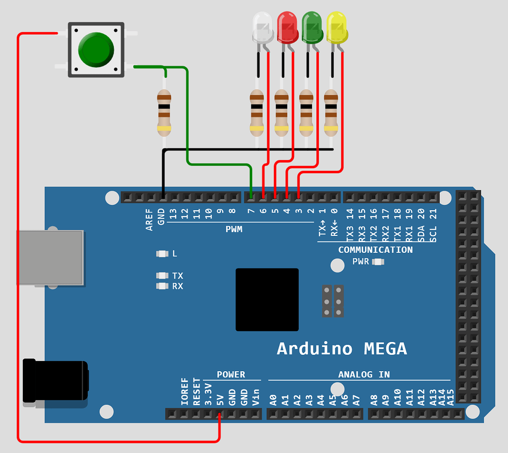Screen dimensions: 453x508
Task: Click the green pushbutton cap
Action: click(96, 50)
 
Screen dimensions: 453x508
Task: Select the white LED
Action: click(262, 28)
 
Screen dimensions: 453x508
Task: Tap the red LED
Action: click(287, 28)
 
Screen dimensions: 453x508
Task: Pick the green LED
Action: click(312, 28)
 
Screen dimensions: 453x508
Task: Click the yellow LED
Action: click(337, 28)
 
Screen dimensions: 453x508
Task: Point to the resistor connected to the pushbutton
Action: click(164, 113)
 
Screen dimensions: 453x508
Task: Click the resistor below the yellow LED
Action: click(331, 113)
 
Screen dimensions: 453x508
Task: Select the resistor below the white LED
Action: click(256, 113)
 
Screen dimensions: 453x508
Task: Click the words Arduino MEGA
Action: click(341, 348)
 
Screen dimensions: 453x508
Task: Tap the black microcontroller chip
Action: click(267, 299)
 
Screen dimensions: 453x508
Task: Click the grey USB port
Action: click(50, 258)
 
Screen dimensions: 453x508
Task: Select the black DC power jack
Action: click(55, 380)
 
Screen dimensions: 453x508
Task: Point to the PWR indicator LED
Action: click(378, 262)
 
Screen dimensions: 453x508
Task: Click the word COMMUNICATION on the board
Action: click(375, 250)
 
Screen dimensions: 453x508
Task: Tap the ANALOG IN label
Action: click(364, 375)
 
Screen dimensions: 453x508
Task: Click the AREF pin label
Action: click(149, 220)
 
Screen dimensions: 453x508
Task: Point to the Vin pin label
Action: click(256, 397)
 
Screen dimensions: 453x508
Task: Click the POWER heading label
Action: click(231, 375)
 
